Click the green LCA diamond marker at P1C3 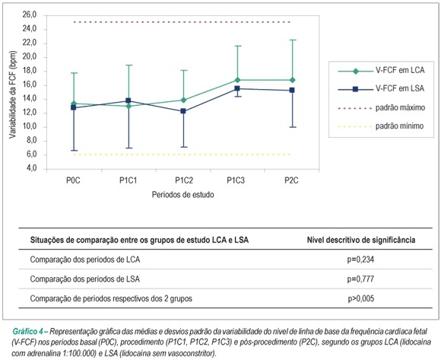click(238, 80)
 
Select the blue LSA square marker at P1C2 click(183, 111)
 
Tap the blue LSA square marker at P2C click(292, 90)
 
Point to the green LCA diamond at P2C click(293, 80)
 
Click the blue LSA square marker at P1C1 click(128, 100)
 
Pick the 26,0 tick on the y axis click(30, 14)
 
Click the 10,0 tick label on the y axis click(30, 126)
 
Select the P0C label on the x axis click(74, 180)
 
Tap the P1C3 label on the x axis click(236, 180)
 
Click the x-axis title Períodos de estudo click(182, 195)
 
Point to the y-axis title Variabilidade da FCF click(13, 94)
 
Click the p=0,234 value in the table click(361, 260)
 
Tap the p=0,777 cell click(361, 279)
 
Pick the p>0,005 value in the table click(361, 298)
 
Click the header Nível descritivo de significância click(361, 240)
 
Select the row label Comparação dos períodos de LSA click(85, 279)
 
